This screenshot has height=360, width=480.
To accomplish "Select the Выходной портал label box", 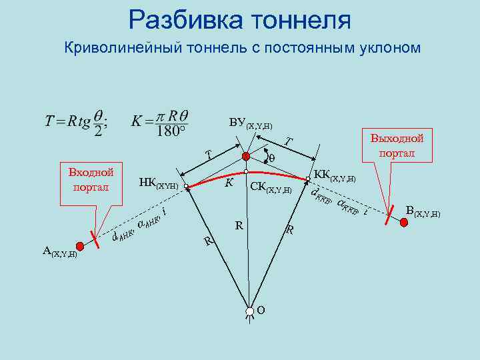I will click(x=397, y=146).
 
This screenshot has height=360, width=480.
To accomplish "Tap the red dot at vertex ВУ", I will click(x=245, y=157).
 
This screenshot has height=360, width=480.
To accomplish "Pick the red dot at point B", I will click(x=404, y=223).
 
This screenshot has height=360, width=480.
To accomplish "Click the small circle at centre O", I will click(x=248, y=311).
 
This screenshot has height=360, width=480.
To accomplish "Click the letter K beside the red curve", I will click(x=229, y=182).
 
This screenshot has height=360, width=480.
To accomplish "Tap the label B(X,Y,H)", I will click(x=423, y=212).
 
